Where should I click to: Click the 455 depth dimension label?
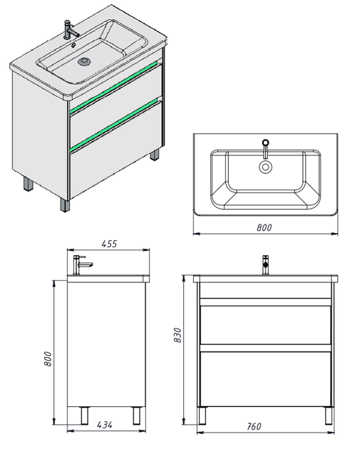[109, 244]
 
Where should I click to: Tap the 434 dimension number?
[105, 425]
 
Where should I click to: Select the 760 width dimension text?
[254, 426]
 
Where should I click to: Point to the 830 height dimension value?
[178, 335]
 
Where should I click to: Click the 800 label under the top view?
[264, 227]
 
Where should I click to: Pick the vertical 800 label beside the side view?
[48, 358]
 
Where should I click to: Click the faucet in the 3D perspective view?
[71, 29]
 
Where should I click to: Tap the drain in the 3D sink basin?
[85, 61]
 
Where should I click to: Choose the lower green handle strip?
[113, 124]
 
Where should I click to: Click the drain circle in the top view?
[265, 167]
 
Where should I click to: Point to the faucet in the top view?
[265, 148]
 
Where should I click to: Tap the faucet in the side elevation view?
[81, 265]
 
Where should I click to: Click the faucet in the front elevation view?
[265, 265]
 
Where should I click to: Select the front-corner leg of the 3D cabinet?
[65, 205]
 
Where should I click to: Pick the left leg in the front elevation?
[202, 416]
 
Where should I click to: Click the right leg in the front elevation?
[329, 416]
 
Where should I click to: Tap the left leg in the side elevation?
[85, 416]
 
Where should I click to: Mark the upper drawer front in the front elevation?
[265, 325]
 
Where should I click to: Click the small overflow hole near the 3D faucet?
[73, 45]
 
